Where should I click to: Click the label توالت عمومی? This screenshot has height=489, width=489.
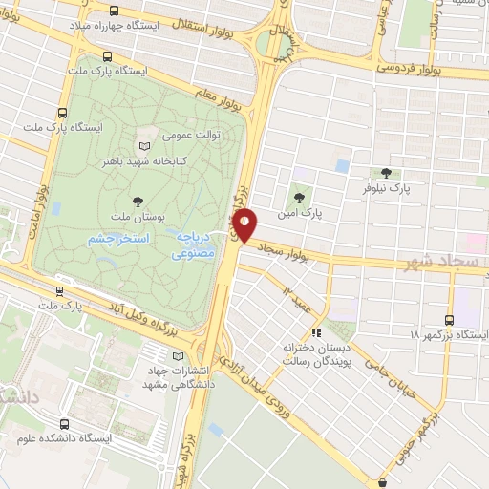(195, 135)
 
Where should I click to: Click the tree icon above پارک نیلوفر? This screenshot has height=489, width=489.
(386, 173)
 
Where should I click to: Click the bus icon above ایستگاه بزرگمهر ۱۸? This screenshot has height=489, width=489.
(450, 321)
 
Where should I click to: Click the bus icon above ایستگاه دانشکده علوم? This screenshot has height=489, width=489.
(64, 424)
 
